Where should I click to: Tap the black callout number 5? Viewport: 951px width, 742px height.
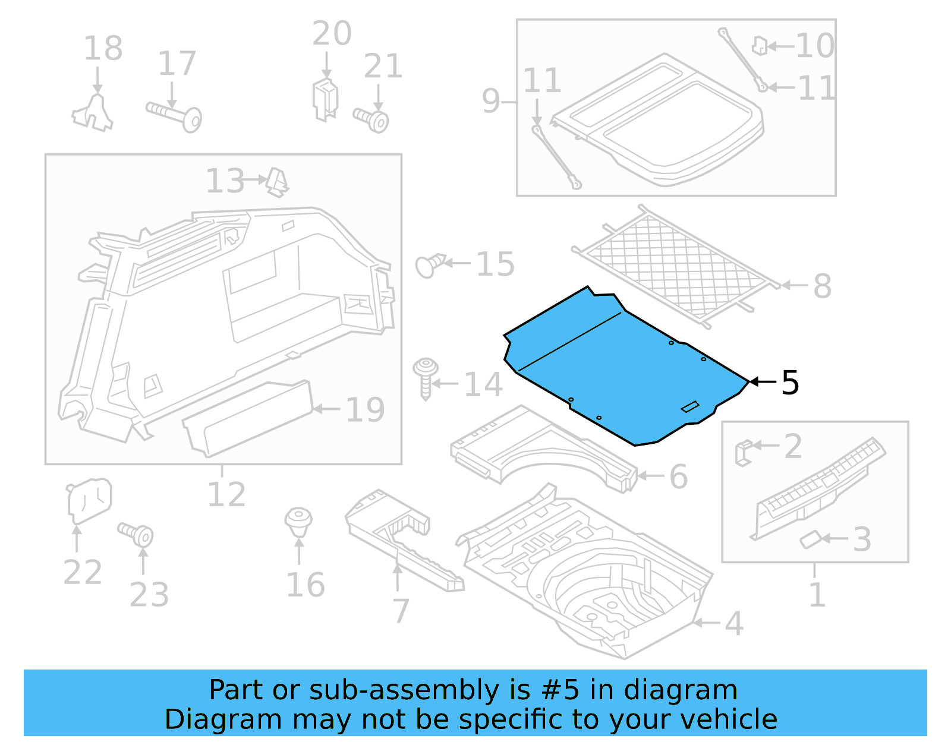[x=790, y=383]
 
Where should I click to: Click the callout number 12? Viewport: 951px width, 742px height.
[x=226, y=495]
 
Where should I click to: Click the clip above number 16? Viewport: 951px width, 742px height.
[x=298, y=521]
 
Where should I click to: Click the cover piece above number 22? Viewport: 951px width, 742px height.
[x=89, y=499]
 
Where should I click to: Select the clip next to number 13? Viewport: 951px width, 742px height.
[x=277, y=181]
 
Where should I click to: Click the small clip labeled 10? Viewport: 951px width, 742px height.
[x=759, y=45]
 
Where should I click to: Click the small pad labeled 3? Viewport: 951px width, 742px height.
[x=810, y=540]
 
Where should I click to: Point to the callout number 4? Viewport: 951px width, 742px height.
[x=734, y=624]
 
